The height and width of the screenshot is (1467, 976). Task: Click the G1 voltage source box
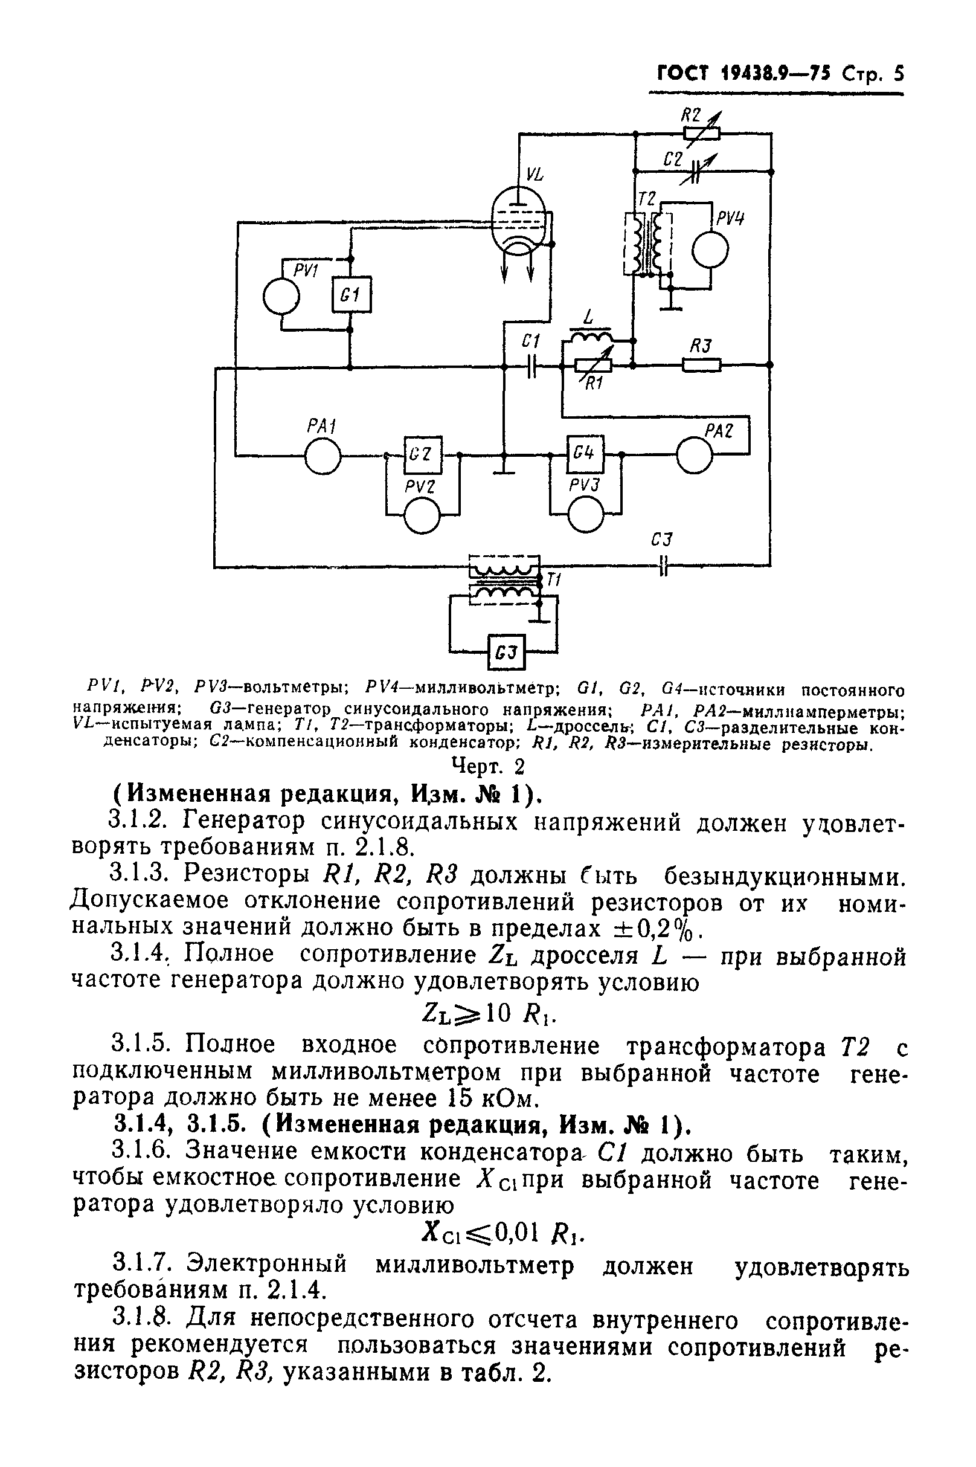point(351,294)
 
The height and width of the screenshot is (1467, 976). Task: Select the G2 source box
point(422,454)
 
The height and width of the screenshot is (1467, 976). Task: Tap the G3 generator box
point(507,652)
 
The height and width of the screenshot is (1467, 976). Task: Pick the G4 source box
point(585,454)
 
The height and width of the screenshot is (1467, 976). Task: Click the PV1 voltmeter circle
point(281,297)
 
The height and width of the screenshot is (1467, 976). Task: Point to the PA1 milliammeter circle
point(323,457)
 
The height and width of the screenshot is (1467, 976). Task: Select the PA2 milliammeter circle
point(695,456)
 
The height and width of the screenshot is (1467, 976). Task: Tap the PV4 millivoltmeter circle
point(710,248)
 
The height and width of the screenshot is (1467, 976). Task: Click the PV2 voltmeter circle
point(422,515)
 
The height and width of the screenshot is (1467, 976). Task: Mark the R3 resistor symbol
point(702,365)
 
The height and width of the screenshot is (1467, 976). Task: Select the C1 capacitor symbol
point(531,367)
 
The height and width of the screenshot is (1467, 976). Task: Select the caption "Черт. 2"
point(488,766)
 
